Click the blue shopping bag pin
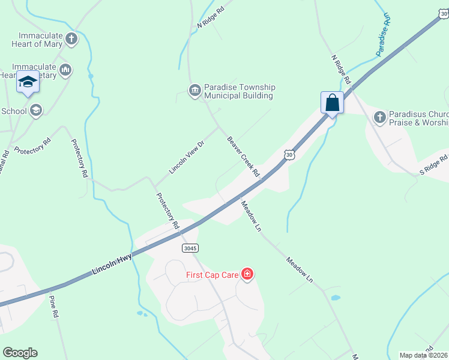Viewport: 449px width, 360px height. point(332,103)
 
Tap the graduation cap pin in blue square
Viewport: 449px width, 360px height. point(28,82)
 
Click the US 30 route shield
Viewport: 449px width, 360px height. point(290,155)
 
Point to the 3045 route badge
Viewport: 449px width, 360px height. point(190,248)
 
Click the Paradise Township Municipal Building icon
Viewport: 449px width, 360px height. point(194,91)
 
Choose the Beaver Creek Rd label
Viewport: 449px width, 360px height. point(243,157)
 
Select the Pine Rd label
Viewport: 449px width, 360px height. point(54,306)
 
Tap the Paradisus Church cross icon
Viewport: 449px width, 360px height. point(379,117)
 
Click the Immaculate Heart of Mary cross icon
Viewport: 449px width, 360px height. point(71,40)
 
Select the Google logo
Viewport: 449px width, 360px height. point(20,353)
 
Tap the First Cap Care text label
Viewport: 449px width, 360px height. point(211,275)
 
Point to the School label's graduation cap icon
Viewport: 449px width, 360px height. point(36,110)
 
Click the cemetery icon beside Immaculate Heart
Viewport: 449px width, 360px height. point(65,70)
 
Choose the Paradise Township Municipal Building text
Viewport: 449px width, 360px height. point(240,91)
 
